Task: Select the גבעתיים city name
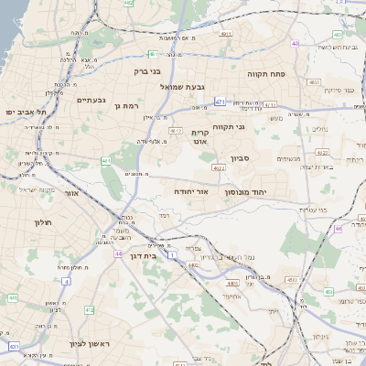tap(92, 100)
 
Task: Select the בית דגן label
tap(139, 257)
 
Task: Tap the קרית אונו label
tap(200, 137)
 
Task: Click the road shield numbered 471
tap(221, 101)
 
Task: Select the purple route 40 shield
tap(295, 43)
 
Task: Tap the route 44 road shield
tap(118, 253)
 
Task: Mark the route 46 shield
tap(339, 229)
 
